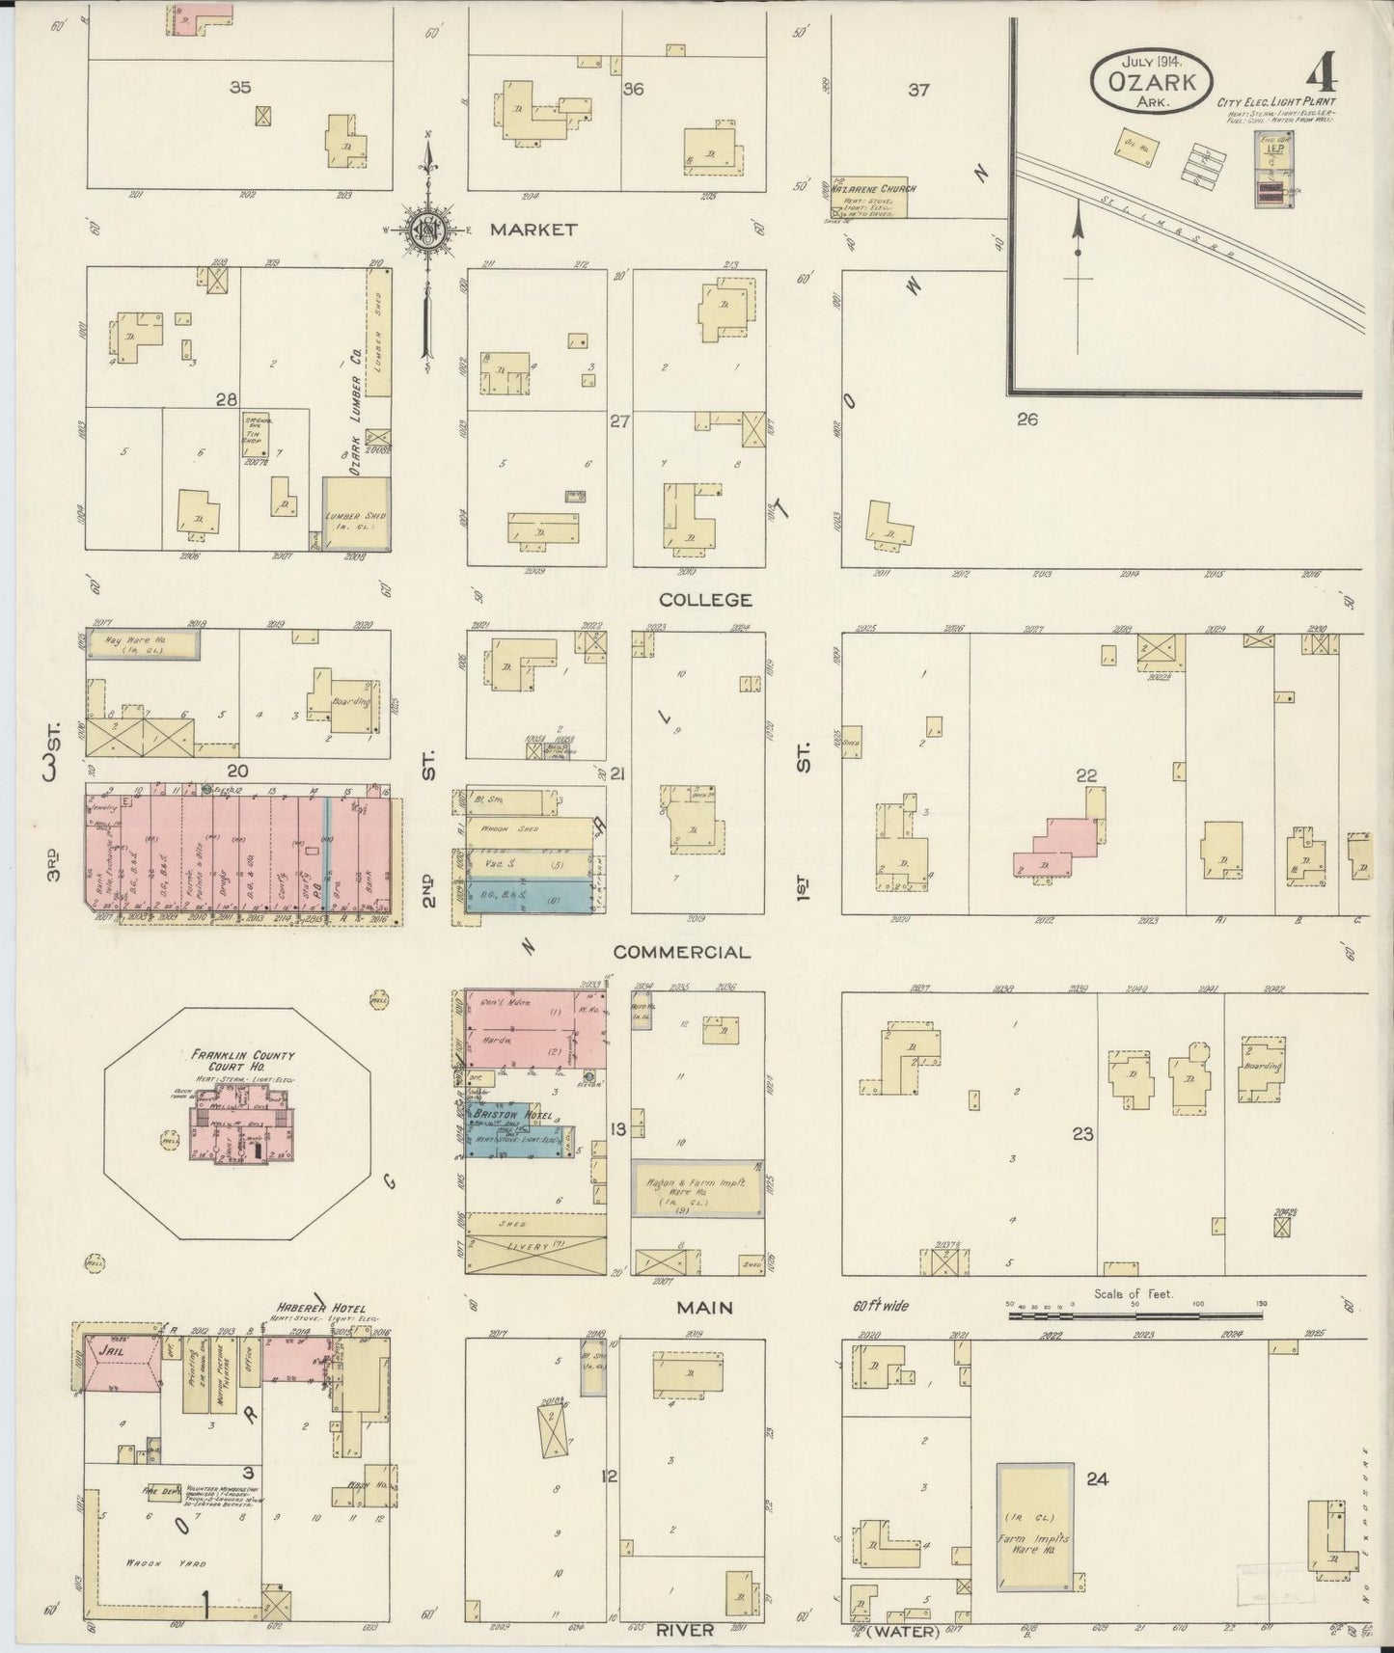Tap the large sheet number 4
[x=1322, y=72]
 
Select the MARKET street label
[x=533, y=230]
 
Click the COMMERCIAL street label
[x=682, y=952]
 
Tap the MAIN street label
[x=704, y=1307]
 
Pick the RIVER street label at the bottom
[x=685, y=1630]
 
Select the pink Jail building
[x=121, y=1363]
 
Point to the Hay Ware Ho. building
[x=143, y=644]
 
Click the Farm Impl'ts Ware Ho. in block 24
[x=1034, y=1541]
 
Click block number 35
[x=240, y=87]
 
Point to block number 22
[x=1086, y=774]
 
